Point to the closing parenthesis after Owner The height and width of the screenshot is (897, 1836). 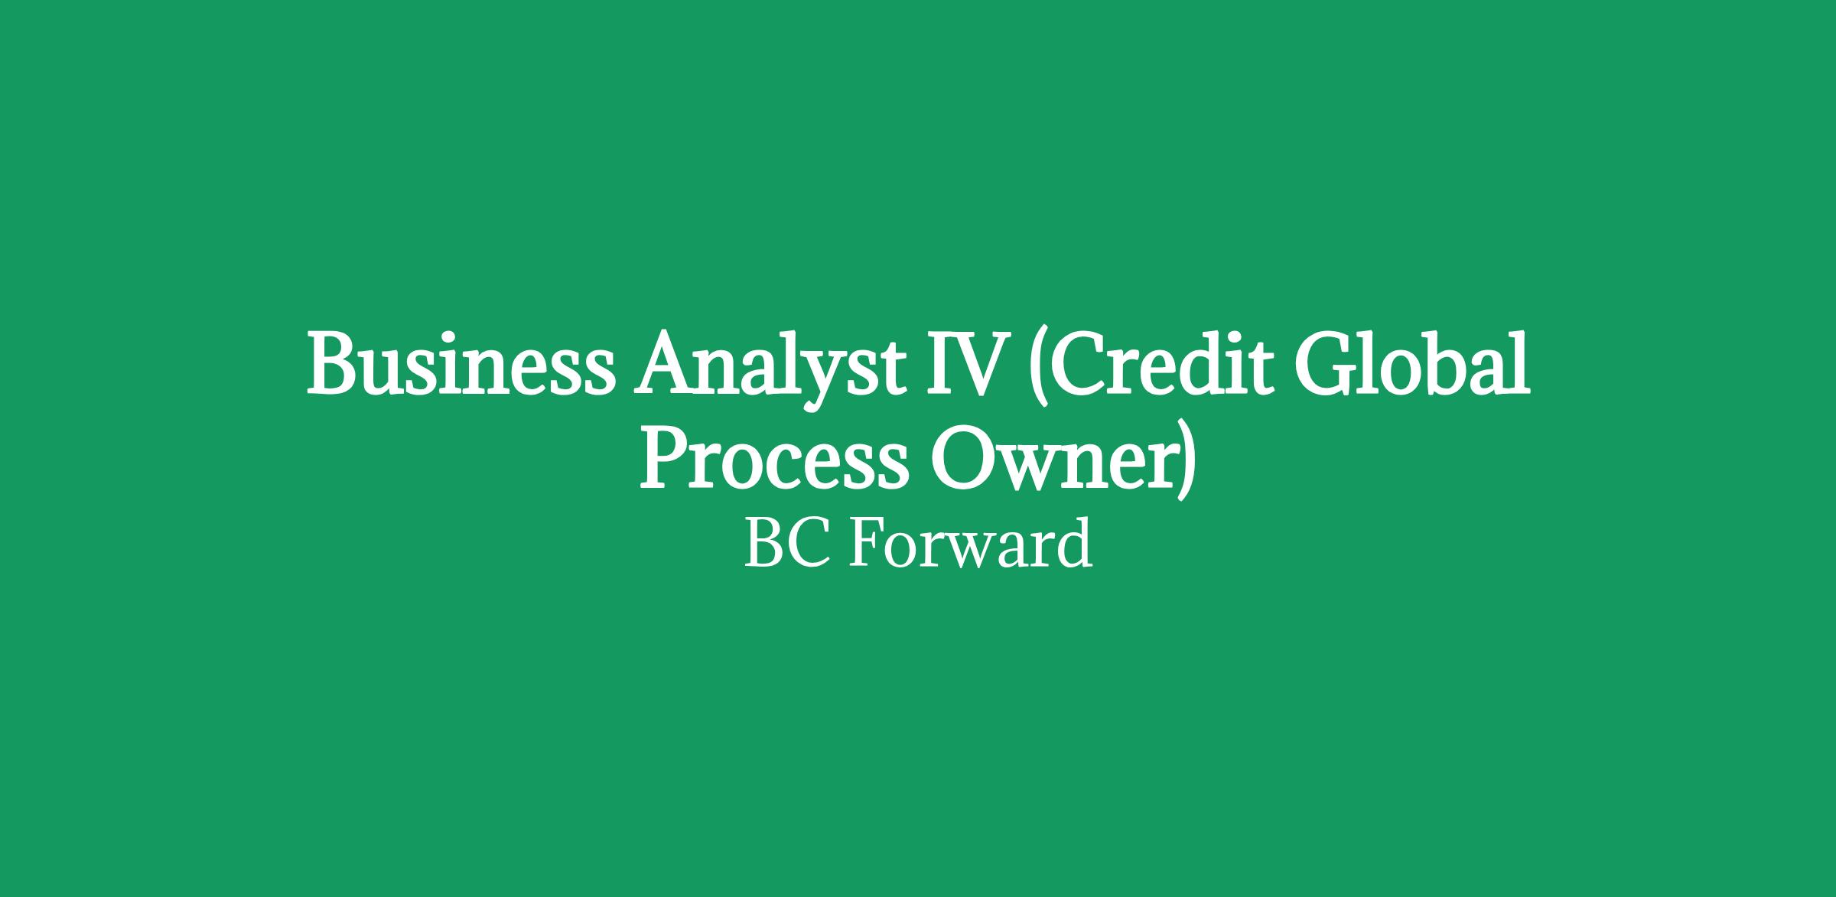(x=1183, y=463)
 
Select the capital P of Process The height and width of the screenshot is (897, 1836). (x=664, y=459)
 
